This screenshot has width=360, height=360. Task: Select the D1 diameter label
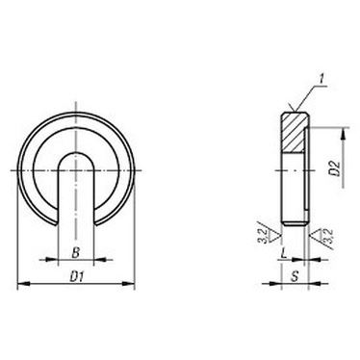76,276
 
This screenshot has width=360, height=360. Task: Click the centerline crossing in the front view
76,170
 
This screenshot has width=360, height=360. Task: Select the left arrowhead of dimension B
60,260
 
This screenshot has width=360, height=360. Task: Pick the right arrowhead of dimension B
92,260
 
